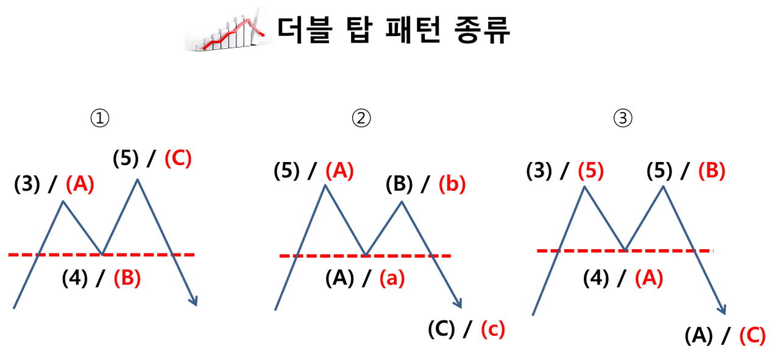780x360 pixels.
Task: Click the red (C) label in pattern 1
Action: point(178,158)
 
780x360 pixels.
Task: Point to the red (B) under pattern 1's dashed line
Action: point(127,278)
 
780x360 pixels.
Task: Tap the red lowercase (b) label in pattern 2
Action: point(452,185)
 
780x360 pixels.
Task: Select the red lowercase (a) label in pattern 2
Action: point(392,278)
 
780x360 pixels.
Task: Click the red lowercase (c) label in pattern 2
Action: point(492,330)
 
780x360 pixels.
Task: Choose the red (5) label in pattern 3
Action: point(590,171)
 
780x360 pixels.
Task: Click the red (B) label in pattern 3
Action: point(711,171)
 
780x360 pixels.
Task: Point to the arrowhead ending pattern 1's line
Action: point(194,302)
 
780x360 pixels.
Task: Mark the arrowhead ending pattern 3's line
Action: point(722,310)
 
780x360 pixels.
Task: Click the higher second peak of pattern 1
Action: point(138,179)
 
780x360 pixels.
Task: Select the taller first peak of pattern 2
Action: point(325,185)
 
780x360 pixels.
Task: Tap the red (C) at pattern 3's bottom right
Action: point(752,336)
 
